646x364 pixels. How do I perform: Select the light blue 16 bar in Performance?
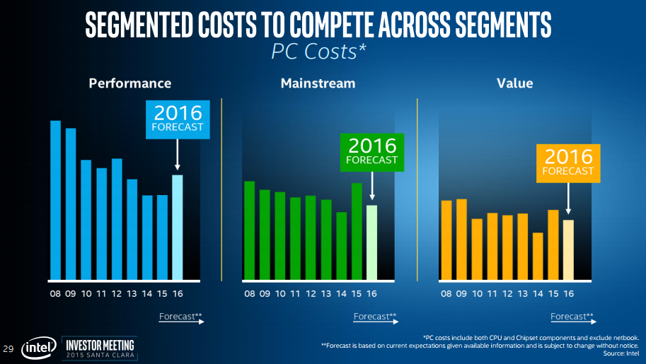pyautogui.click(x=178, y=227)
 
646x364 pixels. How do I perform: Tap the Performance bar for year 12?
pyautogui.click(x=117, y=218)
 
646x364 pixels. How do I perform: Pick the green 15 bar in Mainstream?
pyautogui.click(x=357, y=231)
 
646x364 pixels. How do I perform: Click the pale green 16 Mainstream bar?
pyautogui.click(x=371, y=242)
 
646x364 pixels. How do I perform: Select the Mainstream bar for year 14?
pyautogui.click(x=342, y=245)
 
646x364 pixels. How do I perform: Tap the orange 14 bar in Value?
pyautogui.click(x=538, y=256)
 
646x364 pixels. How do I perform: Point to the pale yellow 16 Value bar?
pyautogui.click(x=568, y=249)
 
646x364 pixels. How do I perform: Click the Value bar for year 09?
pyautogui.click(x=461, y=239)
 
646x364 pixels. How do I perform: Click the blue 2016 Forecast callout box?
pyautogui.click(x=178, y=119)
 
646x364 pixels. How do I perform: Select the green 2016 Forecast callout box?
pyautogui.click(x=371, y=152)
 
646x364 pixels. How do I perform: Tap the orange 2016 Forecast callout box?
pyautogui.click(x=568, y=163)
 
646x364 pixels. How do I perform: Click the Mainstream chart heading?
pyautogui.click(x=318, y=83)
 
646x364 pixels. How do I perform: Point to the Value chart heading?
pyautogui.click(x=514, y=83)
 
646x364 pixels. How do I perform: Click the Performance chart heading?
pyautogui.click(x=129, y=83)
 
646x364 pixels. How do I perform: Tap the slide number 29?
pyautogui.click(x=8, y=348)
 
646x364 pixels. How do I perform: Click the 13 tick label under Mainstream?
pyautogui.click(x=326, y=294)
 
